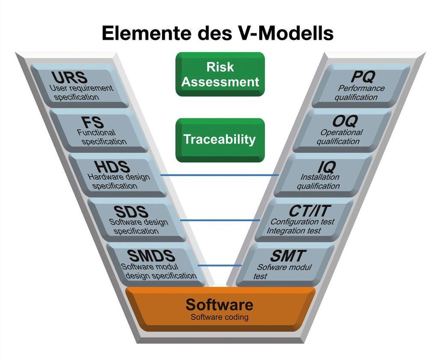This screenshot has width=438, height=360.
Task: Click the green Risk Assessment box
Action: point(220,74)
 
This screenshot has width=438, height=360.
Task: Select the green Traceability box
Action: point(219,139)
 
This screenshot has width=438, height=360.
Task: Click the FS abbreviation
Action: point(89,122)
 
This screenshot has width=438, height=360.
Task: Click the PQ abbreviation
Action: point(363,77)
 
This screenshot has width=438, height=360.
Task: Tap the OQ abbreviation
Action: point(344,121)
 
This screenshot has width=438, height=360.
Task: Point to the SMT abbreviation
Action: point(287,256)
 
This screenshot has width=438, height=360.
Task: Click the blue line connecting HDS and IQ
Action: point(219,175)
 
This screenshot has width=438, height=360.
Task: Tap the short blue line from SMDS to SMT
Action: point(219,265)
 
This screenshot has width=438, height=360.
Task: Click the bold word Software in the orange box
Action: point(219,304)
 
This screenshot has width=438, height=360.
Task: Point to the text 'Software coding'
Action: point(219,317)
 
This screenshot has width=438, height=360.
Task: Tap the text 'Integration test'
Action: point(293,231)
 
